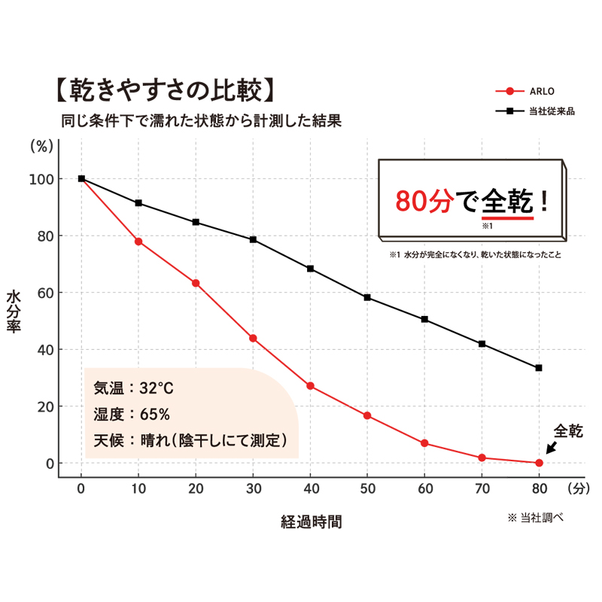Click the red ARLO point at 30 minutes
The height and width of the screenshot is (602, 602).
(253, 339)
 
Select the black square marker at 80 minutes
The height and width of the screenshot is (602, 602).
(539, 368)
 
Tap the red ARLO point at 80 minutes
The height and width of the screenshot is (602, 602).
(539, 463)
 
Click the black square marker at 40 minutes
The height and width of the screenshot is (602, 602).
(310, 269)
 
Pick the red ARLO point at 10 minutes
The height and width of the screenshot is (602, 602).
(138, 242)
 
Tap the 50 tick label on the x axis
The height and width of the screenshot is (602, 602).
(367, 488)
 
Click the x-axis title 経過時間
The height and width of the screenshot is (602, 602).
(311, 521)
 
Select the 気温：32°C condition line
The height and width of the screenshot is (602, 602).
(133, 390)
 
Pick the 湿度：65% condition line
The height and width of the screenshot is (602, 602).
(132, 414)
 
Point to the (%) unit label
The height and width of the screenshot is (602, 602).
(41, 147)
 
